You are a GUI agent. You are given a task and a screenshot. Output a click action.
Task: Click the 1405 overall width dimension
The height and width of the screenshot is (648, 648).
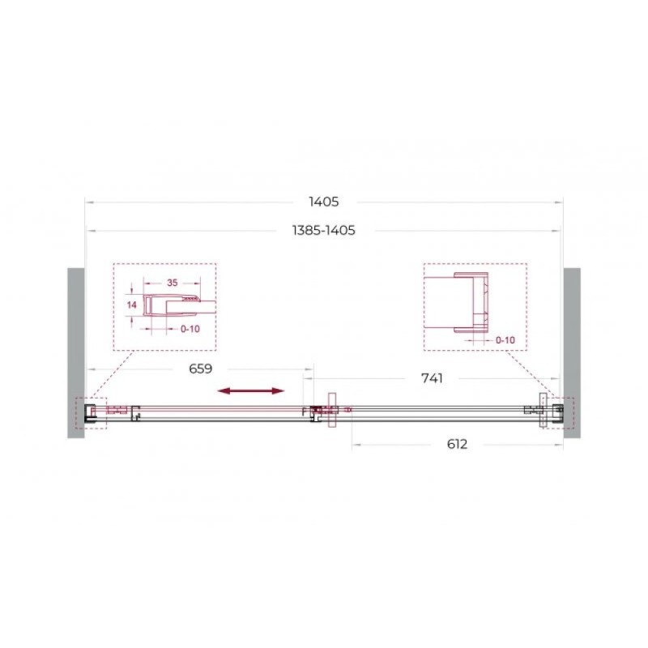coord(323,202)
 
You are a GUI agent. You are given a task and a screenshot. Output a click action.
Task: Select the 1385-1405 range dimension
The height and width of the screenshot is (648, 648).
coord(323,230)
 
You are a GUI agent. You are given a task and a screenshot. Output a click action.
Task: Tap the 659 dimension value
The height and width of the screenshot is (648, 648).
coord(200,369)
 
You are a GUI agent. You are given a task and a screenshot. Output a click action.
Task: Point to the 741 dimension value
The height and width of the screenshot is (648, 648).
coord(432,378)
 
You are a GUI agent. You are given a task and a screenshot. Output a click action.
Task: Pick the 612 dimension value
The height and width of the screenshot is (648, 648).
coord(457,444)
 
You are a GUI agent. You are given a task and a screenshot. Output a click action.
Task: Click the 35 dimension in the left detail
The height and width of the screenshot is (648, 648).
coord(172,283)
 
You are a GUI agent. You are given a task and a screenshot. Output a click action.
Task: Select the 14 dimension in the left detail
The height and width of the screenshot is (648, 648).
coord(132,305)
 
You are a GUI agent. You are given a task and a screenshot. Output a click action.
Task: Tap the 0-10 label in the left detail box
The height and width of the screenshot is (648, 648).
coord(190,329)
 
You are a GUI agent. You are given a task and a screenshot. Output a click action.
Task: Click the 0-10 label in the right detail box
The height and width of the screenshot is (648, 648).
coord(505,340)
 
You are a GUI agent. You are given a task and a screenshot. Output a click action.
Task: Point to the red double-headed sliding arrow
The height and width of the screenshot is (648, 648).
coord(251,391)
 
